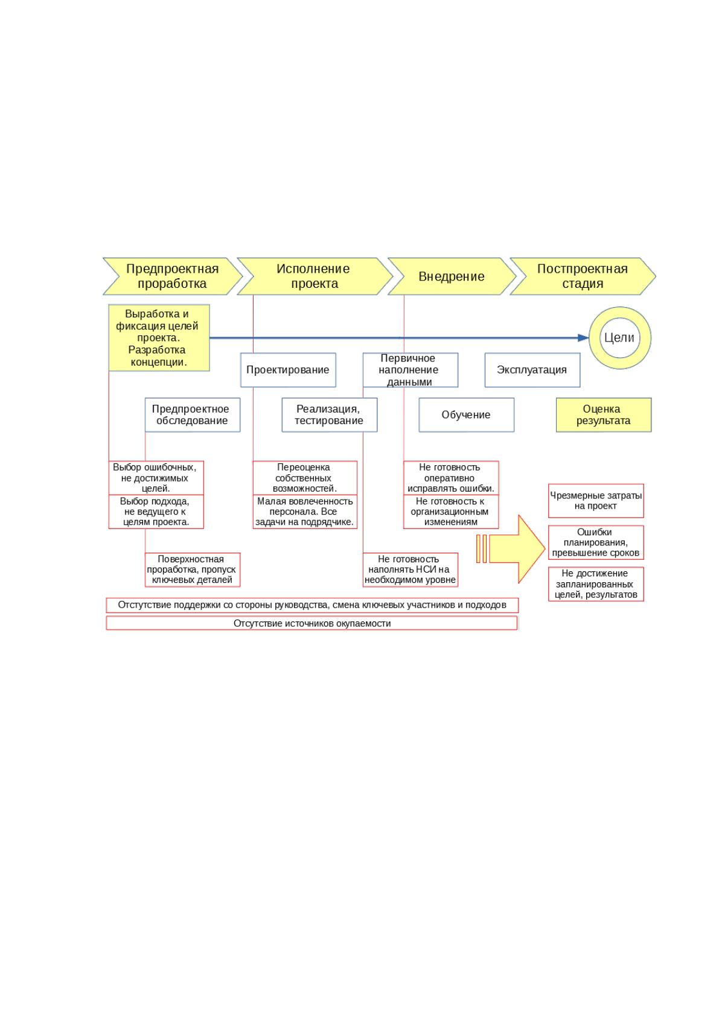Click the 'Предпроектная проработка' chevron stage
tap(173, 276)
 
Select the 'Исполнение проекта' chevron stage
tap(315, 276)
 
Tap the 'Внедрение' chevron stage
tap(452, 276)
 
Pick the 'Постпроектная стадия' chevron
tap(583, 276)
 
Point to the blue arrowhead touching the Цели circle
tap(583, 338)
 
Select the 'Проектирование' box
tap(288, 370)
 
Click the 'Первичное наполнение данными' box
tap(411, 370)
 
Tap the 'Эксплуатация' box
tap(532, 370)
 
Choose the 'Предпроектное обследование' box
tap(193, 415)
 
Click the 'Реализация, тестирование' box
tap(329, 415)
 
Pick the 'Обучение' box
tap(466, 415)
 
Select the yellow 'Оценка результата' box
tap(604, 415)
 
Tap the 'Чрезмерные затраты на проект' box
tap(596, 501)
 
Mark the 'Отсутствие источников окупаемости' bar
tap(312, 623)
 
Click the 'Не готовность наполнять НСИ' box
tap(411, 570)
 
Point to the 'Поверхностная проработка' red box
tap(193, 570)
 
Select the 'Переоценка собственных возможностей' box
tap(305, 478)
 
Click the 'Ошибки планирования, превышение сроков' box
tap(596, 542)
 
